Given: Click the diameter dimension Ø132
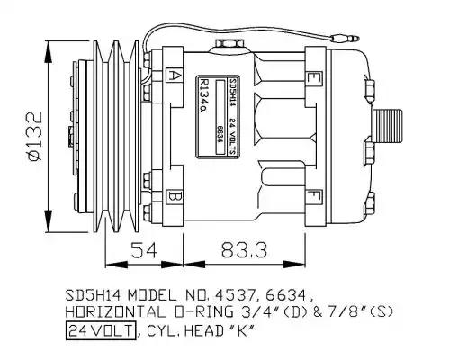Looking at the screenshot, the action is (34, 137).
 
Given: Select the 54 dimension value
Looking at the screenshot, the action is (144, 250).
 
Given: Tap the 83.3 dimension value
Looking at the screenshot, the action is (244, 250).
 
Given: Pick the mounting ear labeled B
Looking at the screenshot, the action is (174, 197).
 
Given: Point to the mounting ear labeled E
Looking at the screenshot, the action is (313, 78).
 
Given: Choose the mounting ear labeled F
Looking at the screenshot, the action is (313, 197).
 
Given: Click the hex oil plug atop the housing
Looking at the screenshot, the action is (229, 43).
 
